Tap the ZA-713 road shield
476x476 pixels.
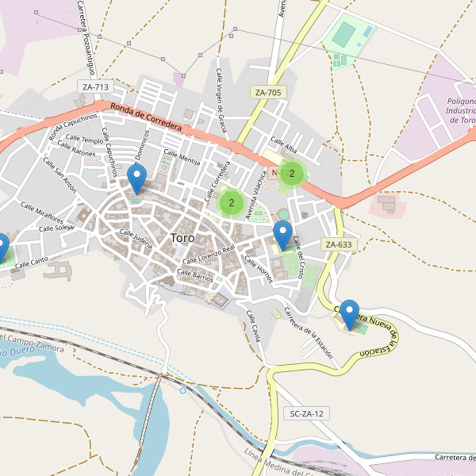(x=94, y=86)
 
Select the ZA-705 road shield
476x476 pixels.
(x=268, y=93)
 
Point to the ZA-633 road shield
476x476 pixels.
(x=337, y=244)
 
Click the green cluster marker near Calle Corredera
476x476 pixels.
(x=231, y=203)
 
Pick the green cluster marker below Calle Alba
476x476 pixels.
(x=292, y=174)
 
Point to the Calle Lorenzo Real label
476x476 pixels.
(x=209, y=255)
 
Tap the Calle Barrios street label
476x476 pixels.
(x=195, y=274)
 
